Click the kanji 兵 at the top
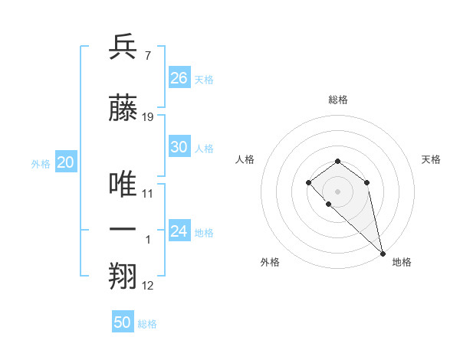(124, 47)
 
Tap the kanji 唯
(124, 183)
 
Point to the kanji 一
(124, 231)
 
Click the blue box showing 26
(179, 78)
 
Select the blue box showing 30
(179, 148)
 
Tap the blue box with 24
(179, 231)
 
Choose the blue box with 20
(65, 162)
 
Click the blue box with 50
(123, 322)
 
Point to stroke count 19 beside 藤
(148, 117)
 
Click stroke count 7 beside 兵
(147, 56)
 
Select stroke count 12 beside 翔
(148, 286)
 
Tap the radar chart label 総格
(338, 100)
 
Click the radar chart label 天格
(432, 159)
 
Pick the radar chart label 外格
(270, 262)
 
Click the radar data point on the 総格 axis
(338, 161)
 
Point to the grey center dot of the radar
(338, 191)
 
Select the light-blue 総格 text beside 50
(147, 324)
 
